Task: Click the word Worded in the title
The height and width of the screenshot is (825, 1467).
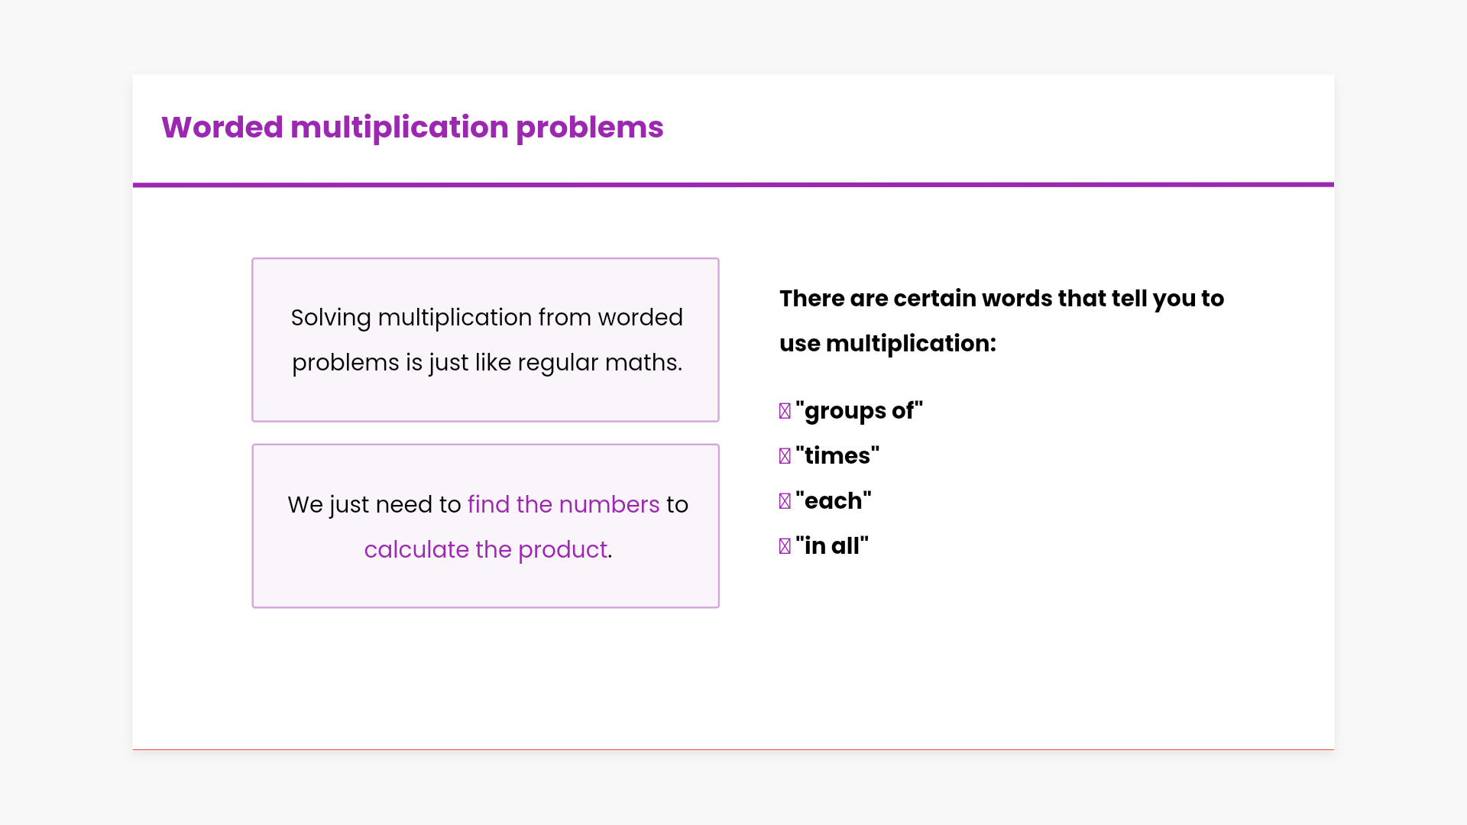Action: click(222, 127)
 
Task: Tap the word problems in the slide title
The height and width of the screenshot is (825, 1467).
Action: click(589, 128)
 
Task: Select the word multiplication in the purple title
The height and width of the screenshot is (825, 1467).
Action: click(400, 128)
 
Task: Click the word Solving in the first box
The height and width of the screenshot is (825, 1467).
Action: click(331, 318)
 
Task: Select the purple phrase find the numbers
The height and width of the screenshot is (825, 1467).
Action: click(563, 504)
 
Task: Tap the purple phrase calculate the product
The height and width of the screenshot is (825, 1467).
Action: click(486, 549)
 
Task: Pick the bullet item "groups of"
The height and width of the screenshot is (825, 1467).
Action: click(860, 411)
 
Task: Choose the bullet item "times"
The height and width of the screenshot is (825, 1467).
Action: click(837, 456)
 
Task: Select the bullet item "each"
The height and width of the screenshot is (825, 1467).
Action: click(834, 501)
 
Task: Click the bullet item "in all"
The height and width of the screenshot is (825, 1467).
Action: click(832, 546)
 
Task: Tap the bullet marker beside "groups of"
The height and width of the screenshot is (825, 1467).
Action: click(785, 411)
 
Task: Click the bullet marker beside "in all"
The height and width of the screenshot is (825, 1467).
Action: click(785, 546)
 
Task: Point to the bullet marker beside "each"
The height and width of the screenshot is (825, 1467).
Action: click(785, 501)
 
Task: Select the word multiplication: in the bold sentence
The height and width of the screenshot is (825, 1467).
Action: click(912, 344)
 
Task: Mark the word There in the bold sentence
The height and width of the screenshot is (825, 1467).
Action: click(811, 299)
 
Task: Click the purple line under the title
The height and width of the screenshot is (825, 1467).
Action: click(733, 184)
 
